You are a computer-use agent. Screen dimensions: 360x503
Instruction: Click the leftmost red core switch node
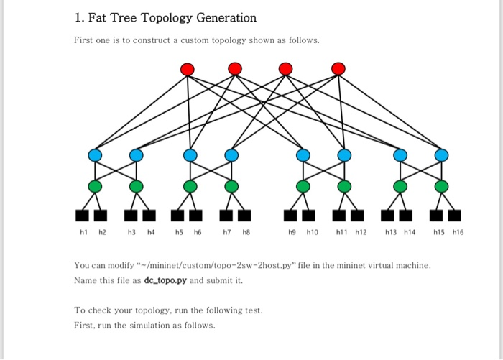(188, 69)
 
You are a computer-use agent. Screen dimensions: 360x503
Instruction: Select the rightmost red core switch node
(338, 69)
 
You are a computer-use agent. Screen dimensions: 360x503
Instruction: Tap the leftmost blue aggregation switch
(95, 155)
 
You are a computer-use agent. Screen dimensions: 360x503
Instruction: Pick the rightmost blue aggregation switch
(441, 155)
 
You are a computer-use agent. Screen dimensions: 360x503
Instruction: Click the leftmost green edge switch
(95, 187)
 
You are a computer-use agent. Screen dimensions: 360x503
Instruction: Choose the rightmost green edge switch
(441, 187)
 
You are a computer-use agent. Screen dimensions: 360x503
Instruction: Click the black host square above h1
(83, 215)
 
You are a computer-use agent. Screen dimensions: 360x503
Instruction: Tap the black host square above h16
(454, 215)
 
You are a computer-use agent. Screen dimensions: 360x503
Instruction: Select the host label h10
(313, 232)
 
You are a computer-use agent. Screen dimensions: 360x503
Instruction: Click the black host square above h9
(290, 215)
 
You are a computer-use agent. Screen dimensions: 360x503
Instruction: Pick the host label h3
(131, 232)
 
